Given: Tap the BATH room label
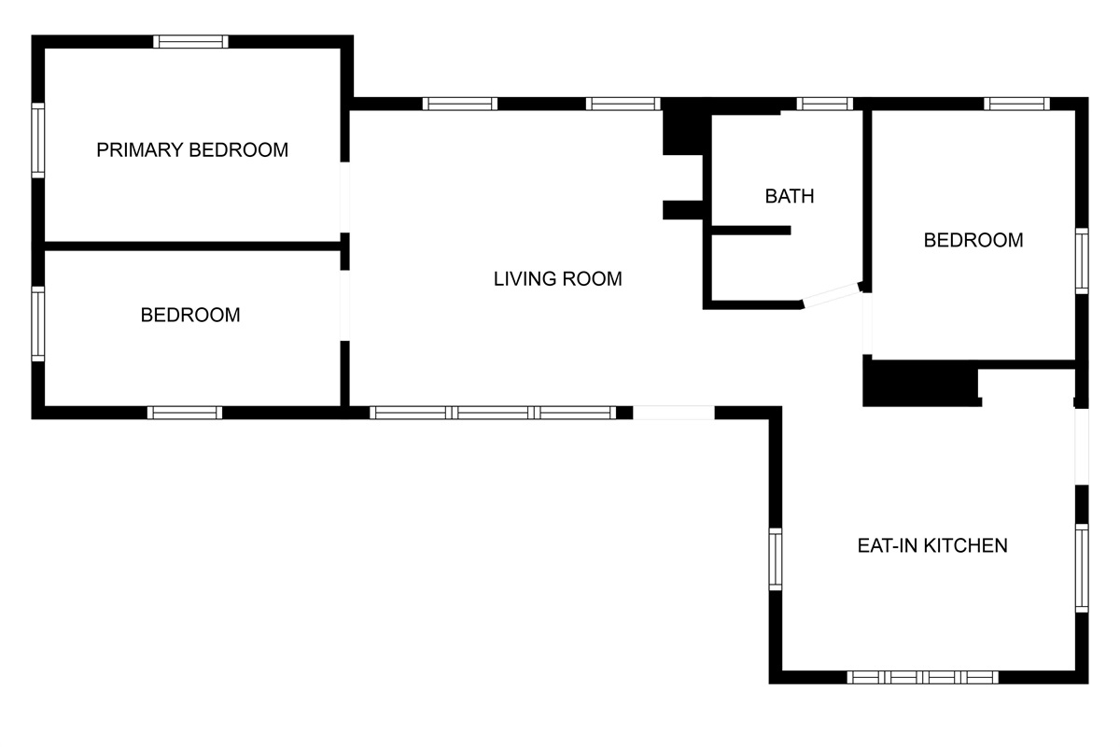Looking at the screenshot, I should [x=790, y=196].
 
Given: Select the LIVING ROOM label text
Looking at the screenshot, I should [x=557, y=278].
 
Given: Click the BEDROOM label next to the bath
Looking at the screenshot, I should [x=973, y=240].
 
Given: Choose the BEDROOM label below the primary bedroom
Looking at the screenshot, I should [x=190, y=316].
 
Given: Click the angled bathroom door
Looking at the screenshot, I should [x=830, y=296].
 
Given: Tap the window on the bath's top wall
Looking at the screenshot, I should [x=825, y=104].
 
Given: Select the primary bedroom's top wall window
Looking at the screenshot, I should [x=190, y=41].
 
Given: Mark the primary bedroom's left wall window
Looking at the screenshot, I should [x=38, y=140].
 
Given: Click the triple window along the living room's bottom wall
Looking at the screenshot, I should [x=493, y=412].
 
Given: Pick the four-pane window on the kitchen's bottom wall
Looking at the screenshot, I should [x=922, y=677].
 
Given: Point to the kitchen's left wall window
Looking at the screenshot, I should [x=775, y=558].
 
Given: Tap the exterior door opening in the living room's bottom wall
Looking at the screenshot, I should [x=673, y=412].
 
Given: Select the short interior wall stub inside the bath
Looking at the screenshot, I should [x=750, y=230].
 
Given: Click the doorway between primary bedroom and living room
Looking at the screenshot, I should [x=344, y=197].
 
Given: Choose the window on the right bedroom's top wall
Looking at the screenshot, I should [x=1018, y=104].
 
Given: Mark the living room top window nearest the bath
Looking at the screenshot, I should [x=623, y=104].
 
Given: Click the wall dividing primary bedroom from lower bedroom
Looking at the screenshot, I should [x=191, y=246].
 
